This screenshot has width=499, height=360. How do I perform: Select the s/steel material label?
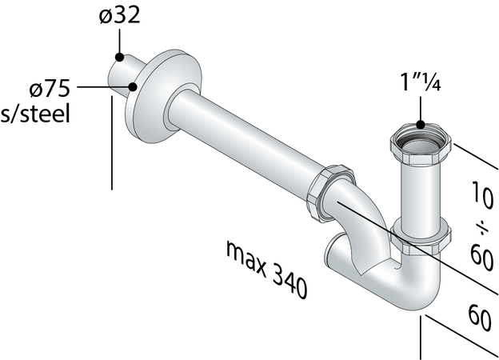click(35, 114)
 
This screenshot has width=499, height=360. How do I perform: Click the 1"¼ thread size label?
click(420, 82)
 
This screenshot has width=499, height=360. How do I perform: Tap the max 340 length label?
click(265, 270)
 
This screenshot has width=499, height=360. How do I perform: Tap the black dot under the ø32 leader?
click(118, 57)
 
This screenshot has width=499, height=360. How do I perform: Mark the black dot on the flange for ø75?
click(133, 87)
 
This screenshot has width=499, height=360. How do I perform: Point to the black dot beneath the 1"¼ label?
click(420, 125)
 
